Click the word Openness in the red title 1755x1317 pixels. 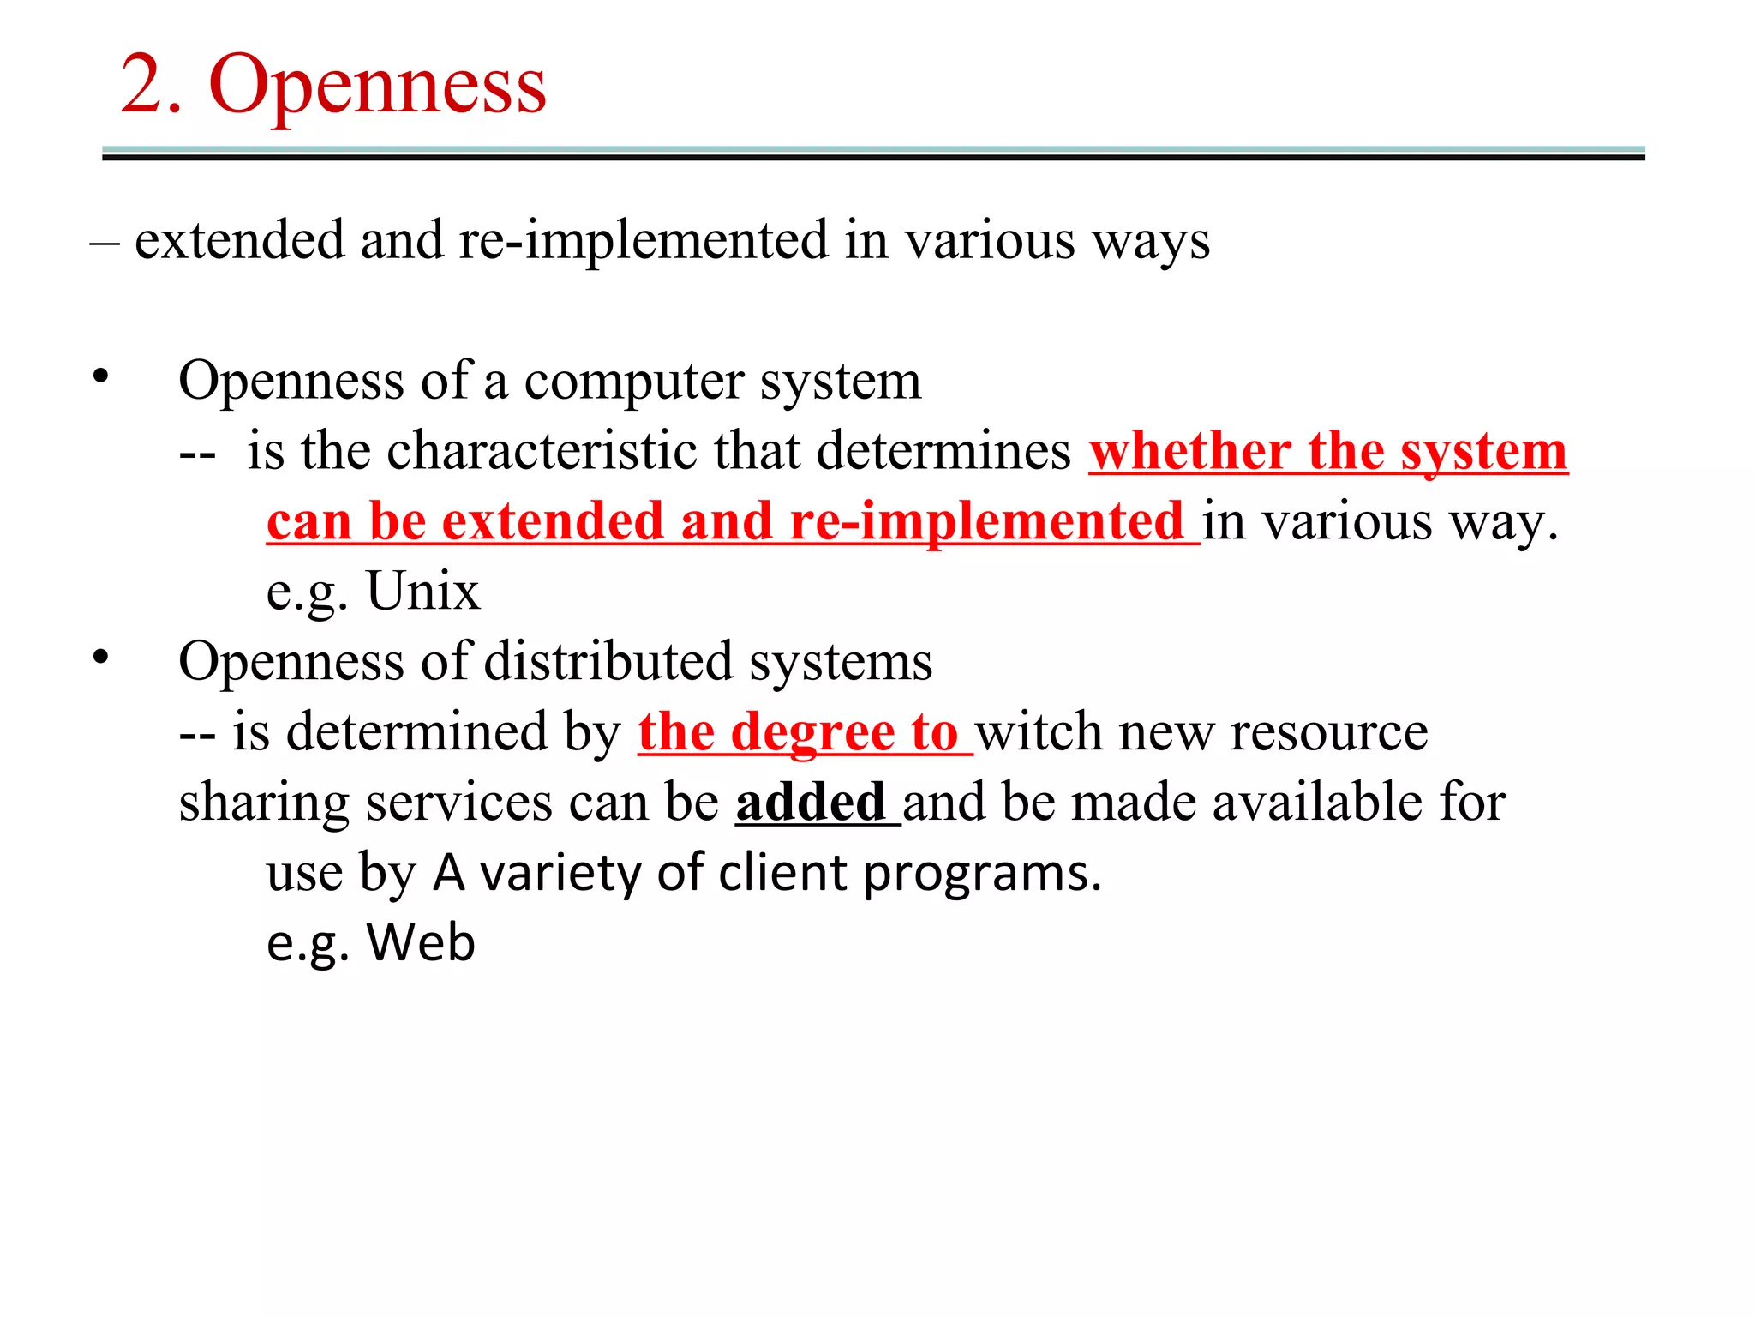[377, 86]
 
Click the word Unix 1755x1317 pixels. [423, 592]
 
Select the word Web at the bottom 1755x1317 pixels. [421, 942]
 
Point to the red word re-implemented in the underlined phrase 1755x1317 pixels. [986, 521]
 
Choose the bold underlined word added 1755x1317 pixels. [810, 803]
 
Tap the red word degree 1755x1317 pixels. [812, 733]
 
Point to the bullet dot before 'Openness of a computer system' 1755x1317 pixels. [101, 376]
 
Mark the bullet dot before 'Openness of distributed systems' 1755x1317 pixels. [101, 658]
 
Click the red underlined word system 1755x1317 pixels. [1483, 451]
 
